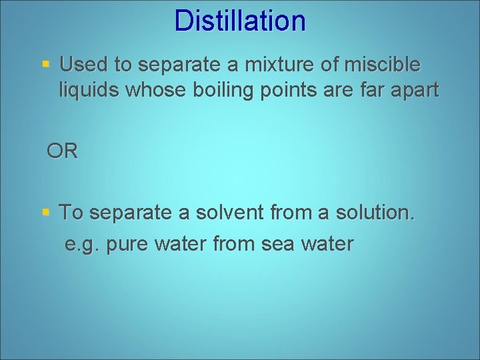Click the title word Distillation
(240, 21)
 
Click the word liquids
(89, 90)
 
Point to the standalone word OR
(62, 151)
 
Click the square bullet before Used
(46, 65)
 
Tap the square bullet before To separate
(46, 213)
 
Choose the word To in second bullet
(71, 213)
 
